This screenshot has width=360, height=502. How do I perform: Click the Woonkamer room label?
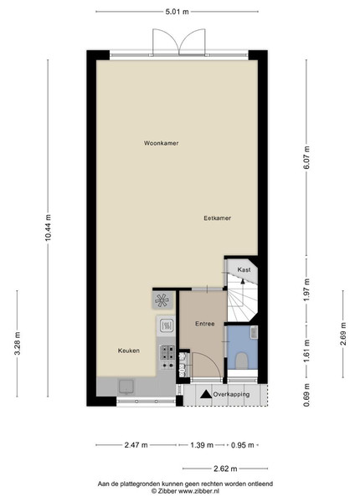point(161,143)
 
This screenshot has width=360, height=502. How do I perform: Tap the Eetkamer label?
point(217,218)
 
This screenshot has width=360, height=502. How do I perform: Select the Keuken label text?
point(129,351)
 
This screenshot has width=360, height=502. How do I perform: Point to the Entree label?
point(205,324)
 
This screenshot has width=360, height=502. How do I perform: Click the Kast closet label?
point(244,269)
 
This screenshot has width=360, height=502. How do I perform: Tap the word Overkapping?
point(231,394)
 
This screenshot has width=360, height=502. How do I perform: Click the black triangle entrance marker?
point(206,394)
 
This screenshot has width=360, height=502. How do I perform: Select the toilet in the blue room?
point(242,361)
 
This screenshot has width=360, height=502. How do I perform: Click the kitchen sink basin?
point(126,386)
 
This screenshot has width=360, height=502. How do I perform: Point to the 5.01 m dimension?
point(177,12)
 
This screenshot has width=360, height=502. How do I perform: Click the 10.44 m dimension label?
point(48,228)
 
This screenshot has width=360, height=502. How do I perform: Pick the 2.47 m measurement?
point(136,445)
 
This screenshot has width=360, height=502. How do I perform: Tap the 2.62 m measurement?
point(225,469)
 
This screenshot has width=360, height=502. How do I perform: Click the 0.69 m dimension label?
point(306,395)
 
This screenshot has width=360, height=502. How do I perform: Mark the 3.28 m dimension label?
point(18,343)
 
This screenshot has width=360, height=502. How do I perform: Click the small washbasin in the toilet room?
point(254,332)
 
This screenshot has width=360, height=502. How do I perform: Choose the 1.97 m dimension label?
point(306,289)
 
